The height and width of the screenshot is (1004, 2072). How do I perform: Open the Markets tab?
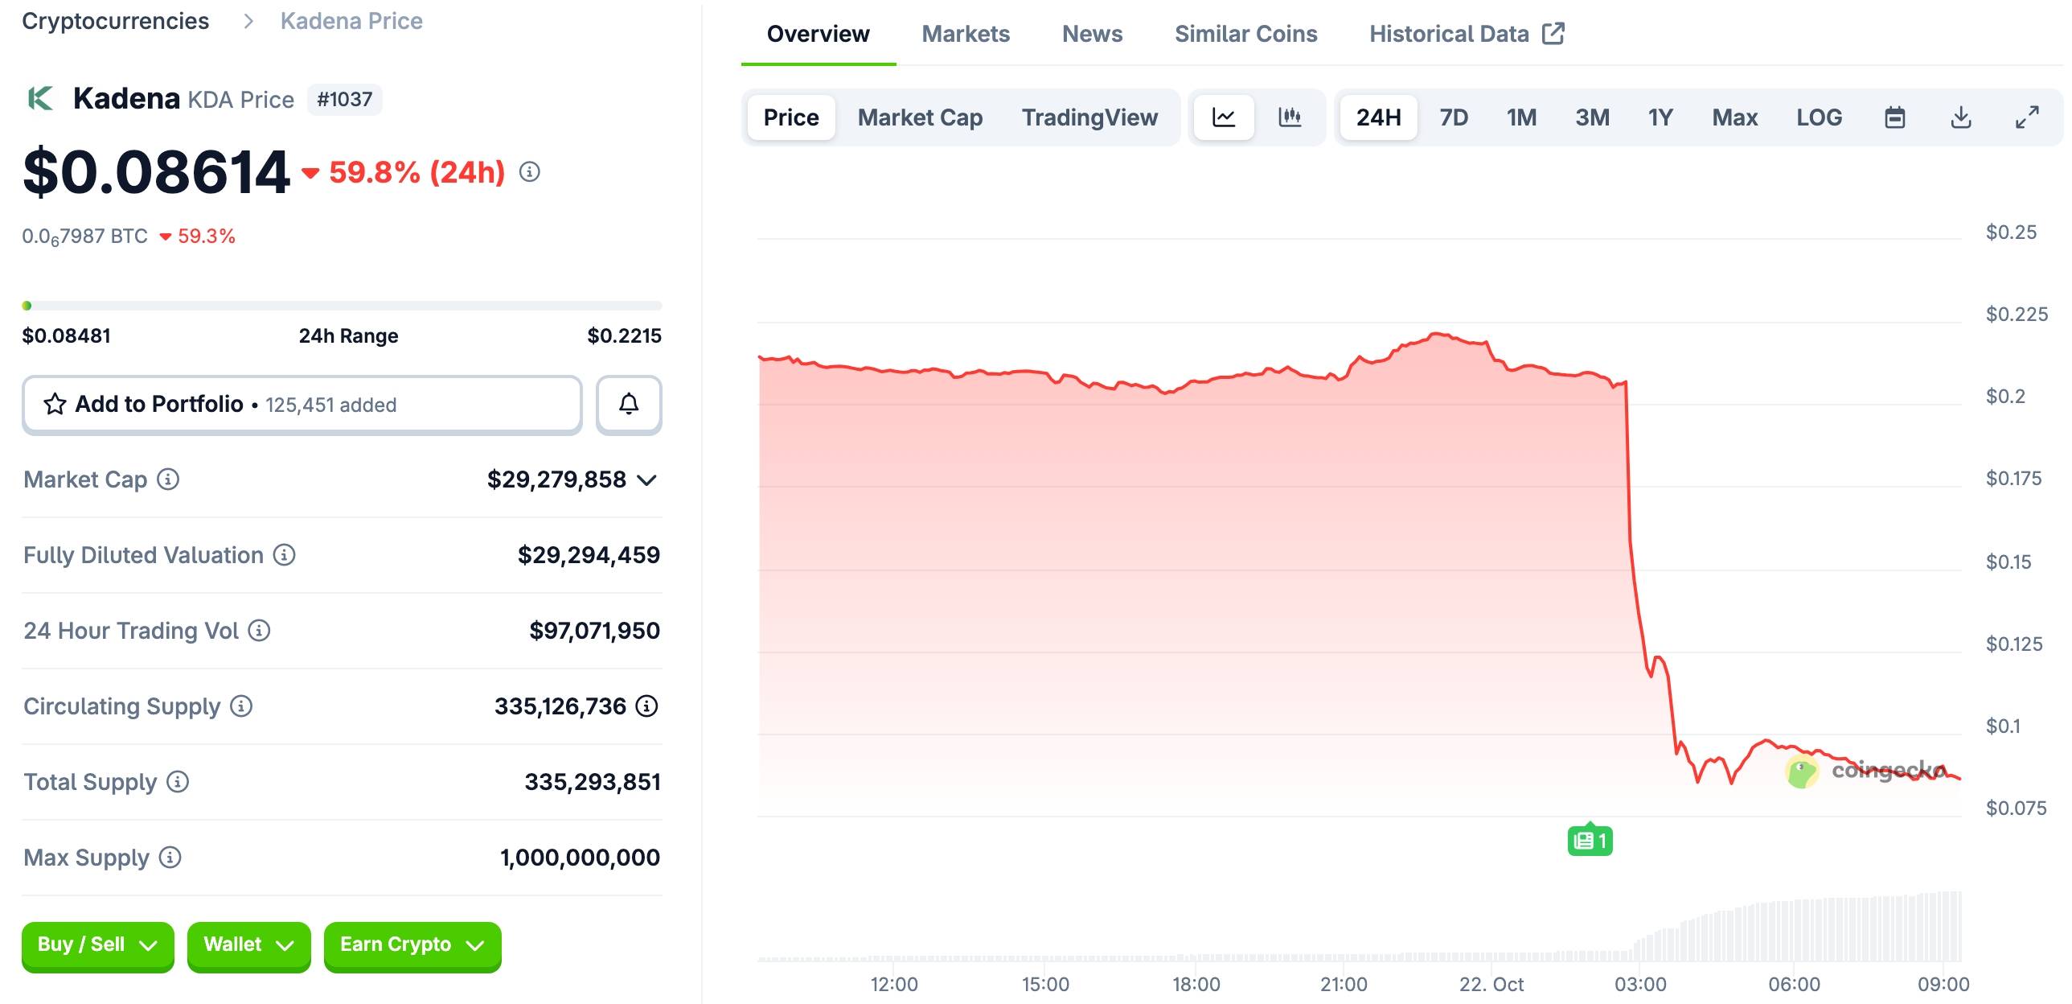pos(965,34)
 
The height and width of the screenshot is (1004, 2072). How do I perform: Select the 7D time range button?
pos(1454,117)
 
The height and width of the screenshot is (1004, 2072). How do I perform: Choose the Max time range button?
pos(1734,117)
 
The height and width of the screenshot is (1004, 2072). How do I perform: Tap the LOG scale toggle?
pos(1819,117)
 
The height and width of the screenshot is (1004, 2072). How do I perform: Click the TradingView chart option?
pos(1089,117)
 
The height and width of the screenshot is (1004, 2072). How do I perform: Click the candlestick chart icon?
pos(1290,117)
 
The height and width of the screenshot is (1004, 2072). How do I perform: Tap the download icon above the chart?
pos(1961,117)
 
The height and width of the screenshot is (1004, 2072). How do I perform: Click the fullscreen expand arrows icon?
pos(2027,117)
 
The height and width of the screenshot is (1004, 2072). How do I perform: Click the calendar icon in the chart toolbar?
pos(1895,117)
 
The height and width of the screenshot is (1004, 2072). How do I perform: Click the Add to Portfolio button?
pos(302,404)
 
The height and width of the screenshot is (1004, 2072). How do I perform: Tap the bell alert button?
pos(629,404)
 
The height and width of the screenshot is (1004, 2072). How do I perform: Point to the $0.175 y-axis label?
pos(2013,479)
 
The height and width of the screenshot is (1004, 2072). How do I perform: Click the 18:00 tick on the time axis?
pos(1196,984)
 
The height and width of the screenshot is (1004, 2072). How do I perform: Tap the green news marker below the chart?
pos(1590,841)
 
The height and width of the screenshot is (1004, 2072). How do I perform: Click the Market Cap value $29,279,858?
pos(556,479)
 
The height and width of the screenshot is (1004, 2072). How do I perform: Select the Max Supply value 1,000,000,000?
pos(580,858)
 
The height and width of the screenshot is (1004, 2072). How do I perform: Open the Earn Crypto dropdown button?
pos(412,944)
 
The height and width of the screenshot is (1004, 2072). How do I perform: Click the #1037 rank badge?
pos(344,100)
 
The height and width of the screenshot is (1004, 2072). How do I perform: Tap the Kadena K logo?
pos(41,99)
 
